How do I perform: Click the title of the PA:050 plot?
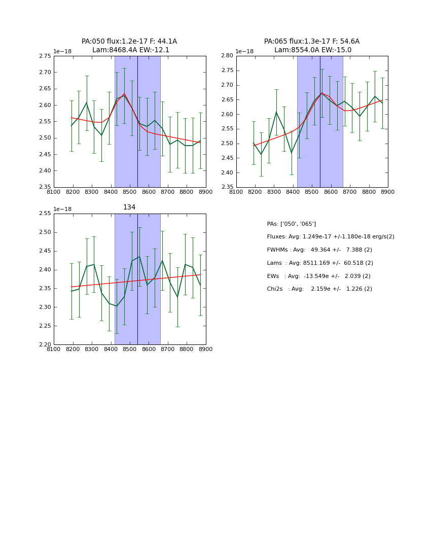[x=129, y=46]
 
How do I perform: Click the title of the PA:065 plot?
[x=312, y=46]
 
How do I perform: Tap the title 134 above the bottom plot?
[x=129, y=207]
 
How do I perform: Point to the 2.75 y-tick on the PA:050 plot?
[x=45, y=56]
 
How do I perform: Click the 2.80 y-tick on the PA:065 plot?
[x=227, y=56]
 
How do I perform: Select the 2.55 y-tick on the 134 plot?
[x=45, y=214]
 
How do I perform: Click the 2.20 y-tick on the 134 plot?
[x=45, y=344]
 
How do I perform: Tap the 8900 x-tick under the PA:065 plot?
[x=388, y=192]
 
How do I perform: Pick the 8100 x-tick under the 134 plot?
[x=54, y=350]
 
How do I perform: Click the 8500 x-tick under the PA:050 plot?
[x=130, y=192]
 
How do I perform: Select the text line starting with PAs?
[x=292, y=224]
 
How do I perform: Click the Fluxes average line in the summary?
[x=331, y=237]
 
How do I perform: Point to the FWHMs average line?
[x=319, y=250]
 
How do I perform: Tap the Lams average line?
[x=320, y=263]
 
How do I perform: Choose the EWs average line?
[x=319, y=276]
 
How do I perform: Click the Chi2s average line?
[x=319, y=289]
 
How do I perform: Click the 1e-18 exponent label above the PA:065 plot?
[x=244, y=51]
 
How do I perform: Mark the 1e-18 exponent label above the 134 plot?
[x=62, y=209]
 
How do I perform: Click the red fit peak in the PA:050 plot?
[x=124, y=94]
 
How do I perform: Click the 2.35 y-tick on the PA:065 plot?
[x=227, y=187]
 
